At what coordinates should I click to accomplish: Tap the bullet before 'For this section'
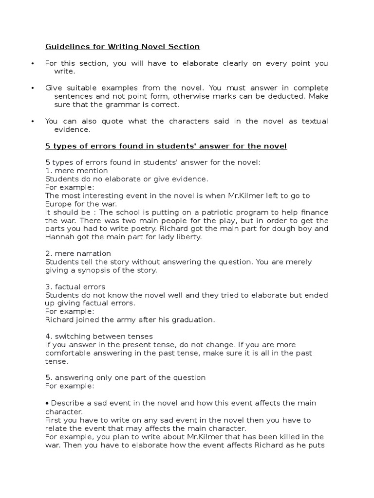32,64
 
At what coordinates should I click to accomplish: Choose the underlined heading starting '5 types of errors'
166,146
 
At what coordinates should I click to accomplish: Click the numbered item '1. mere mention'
76,171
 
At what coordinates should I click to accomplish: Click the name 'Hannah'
59,237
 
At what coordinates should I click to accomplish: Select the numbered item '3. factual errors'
75,286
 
